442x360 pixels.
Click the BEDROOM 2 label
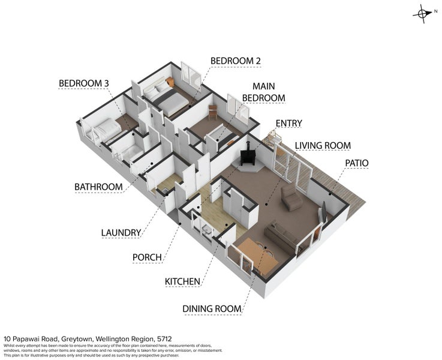click(x=235, y=61)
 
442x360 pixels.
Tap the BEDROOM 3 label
click(x=84, y=83)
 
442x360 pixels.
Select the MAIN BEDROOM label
click(x=263, y=92)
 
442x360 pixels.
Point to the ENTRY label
click(x=288, y=123)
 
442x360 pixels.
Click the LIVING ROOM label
click(x=323, y=146)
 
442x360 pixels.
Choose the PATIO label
click(x=357, y=163)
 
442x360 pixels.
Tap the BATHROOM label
click(x=98, y=187)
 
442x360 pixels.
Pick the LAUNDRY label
click(x=121, y=233)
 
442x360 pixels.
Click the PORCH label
click(x=147, y=257)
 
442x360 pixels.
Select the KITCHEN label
click(x=182, y=281)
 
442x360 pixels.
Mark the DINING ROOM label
click(x=212, y=308)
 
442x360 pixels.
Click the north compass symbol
click(x=423, y=14)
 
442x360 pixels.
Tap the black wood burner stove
click(x=248, y=157)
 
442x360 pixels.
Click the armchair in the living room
click(x=291, y=197)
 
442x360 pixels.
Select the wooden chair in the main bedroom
click(x=212, y=112)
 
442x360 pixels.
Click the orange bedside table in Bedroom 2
click(x=170, y=82)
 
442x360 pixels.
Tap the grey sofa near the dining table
click(x=282, y=238)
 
